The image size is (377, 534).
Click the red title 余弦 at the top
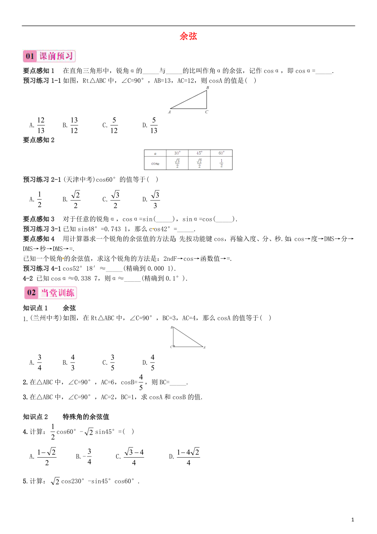(x=188, y=36)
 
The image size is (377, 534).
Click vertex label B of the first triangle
(x=207, y=88)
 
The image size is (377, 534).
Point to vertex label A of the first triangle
(x=169, y=112)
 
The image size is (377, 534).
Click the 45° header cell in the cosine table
(x=199, y=153)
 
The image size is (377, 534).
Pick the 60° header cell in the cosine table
(x=221, y=153)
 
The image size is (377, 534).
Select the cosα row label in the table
(x=155, y=163)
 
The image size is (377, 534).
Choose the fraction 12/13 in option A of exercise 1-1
(x=41, y=126)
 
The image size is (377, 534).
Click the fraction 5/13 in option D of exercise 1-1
(x=154, y=126)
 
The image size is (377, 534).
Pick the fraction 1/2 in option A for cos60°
(x=39, y=200)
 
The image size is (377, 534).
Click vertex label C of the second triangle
(x=171, y=347)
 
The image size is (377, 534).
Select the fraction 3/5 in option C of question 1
(x=112, y=363)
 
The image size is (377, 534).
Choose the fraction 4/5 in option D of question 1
(x=152, y=363)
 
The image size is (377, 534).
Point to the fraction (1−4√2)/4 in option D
(x=188, y=456)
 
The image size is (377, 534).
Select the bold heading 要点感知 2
(x=39, y=140)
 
